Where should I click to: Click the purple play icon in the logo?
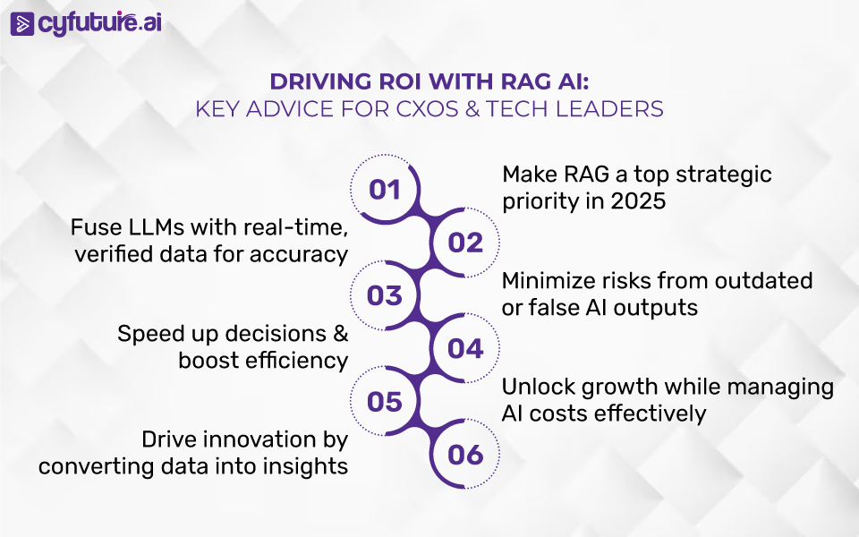pyautogui.click(x=21, y=24)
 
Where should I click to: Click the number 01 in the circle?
pyautogui.click(x=385, y=190)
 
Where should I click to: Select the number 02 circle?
pyautogui.click(x=465, y=243)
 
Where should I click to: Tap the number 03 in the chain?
pyautogui.click(x=385, y=296)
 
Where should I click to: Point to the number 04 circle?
pyautogui.click(x=465, y=348)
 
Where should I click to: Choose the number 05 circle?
pyautogui.click(x=385, y=402)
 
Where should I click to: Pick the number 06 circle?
pyautogui.click(x=465, y=455)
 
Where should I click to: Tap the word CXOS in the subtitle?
pyautogui.click(x=428, y=109)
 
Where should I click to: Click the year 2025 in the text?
pyautogui.click(x=638, y=201)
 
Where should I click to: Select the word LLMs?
pyautogui.click(x=157, y=227)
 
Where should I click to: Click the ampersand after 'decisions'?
pyautogui.click(x=341, y=334)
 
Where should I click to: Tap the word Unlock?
pyautogui.click(x=538, y=387)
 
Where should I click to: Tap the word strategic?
pyautogui.click(x=724, y=175)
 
